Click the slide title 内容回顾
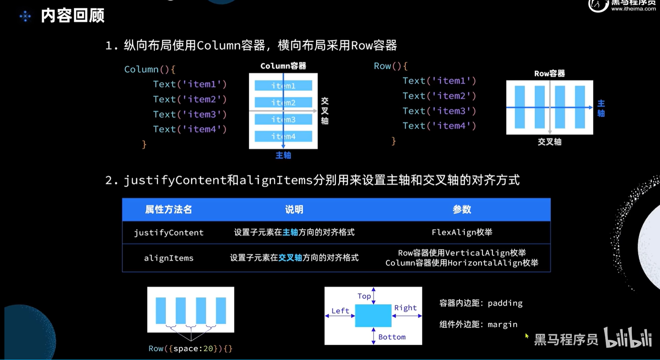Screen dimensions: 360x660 pos(72,16)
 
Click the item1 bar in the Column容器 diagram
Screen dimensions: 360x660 pos(283,86)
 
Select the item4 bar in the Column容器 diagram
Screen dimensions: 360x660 pos(283,136)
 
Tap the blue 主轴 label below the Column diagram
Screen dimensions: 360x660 pos(283,155)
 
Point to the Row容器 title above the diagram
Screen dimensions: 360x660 pos(549,74)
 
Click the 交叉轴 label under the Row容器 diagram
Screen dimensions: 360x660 pos(549,142)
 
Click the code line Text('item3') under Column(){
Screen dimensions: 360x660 pos(190,114)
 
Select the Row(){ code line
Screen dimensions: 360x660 pos(390,66)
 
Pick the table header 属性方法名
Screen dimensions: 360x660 pos(168,209)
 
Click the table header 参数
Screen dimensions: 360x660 pos(462,209)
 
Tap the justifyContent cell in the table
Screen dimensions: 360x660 pos(168,233)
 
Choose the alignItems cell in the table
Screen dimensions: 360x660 pos(168,258)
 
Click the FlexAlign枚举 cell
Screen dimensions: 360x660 pos(462,233)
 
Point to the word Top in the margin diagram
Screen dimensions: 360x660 pos(364,296)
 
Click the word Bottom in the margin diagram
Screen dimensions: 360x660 pos(392,337)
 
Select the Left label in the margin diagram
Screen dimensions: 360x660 pos(340,311)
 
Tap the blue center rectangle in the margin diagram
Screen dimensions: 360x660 pos(373,316)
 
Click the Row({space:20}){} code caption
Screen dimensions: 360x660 pos(190,348)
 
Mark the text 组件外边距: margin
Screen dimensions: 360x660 pos(478,324)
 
